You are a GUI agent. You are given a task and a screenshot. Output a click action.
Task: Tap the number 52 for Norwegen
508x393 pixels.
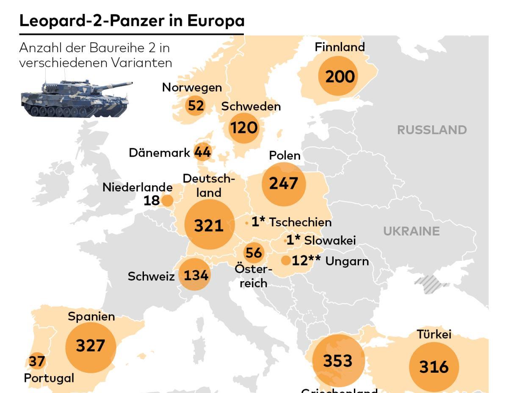[196, 105]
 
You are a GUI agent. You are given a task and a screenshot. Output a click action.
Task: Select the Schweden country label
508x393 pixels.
[251, 106]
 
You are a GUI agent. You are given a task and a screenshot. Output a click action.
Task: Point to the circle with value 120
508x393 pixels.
[244, 127]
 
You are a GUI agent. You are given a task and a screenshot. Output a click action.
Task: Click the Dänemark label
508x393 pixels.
[159, 152]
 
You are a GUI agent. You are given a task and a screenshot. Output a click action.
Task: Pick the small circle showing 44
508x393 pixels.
[202, 152]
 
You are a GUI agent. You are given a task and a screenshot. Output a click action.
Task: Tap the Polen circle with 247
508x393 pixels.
[284, 184]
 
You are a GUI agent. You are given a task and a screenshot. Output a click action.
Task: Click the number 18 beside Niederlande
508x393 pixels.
[152, 200]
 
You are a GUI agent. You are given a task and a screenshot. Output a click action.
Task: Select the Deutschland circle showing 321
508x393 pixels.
[209, 225]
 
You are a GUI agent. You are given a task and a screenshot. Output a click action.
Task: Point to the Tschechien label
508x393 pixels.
[301, 222]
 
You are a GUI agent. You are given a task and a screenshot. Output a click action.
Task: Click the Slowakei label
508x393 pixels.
[330, 241]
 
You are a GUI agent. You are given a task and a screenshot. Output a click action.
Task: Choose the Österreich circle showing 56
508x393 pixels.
[254, 253]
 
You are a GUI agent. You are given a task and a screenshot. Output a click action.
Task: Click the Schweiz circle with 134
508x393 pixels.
[195, 275]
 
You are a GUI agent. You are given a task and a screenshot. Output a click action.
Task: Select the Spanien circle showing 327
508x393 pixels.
[91, 346]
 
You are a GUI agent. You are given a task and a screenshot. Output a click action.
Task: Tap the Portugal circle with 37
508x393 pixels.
[37, 361]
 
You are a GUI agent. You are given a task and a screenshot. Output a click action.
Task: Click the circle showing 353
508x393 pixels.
[338, 360]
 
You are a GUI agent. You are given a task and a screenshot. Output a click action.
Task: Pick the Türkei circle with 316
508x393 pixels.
[433, 367]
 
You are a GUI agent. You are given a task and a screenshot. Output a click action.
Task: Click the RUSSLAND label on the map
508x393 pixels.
[432, 130]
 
